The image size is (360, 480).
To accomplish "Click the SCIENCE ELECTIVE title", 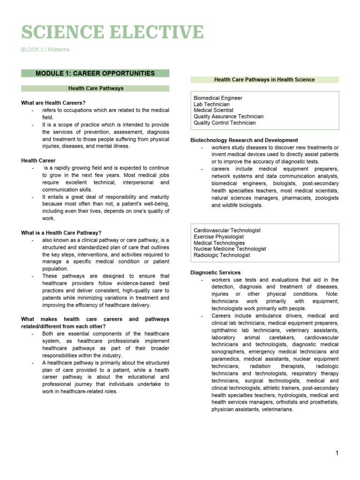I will click(112, 32).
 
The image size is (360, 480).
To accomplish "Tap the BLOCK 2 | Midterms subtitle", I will click(45, 50).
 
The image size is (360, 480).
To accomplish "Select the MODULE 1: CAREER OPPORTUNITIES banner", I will click(95, 73).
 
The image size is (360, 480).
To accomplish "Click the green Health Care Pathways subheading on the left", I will click(96, 88).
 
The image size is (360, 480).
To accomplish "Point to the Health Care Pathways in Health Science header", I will click(264, 80).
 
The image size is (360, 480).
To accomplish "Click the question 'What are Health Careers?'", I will click(53, 103).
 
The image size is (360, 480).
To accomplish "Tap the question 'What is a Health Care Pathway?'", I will click(61, 232).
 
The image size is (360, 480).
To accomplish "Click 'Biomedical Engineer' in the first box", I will click(218, 98).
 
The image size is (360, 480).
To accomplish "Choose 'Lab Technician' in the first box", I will click(212, 105).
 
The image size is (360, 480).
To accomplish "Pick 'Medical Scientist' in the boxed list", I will click(214, 111).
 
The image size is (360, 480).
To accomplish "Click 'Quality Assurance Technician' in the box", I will click(229, 117).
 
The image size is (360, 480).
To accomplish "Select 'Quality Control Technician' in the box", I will click(225, 123).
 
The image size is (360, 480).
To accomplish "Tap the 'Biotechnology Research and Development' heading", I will click(244, 140).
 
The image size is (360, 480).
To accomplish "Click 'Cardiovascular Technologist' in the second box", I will click(227, 231).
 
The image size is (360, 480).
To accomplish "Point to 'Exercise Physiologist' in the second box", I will click(219, 237).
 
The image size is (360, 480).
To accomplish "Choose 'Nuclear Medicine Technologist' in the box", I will click(230, 249).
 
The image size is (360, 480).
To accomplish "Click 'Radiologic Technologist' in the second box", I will click(222, 255).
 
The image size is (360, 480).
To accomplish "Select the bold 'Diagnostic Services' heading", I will click(215, 272).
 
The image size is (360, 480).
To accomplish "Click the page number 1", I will click(337, 453).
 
